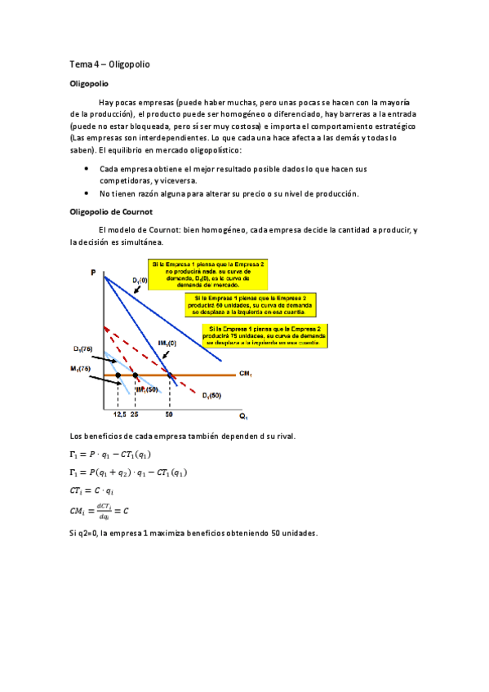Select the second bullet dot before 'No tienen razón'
point(87,193)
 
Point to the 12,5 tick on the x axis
point(119,415)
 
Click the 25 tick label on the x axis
point(136,415)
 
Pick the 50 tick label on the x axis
point(169,415)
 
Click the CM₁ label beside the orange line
point(245,375)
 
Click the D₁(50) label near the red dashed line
point(211,395)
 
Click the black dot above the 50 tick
point(170,375)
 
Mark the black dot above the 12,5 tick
point(118,375)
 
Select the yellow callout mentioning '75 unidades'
point(265,335)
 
